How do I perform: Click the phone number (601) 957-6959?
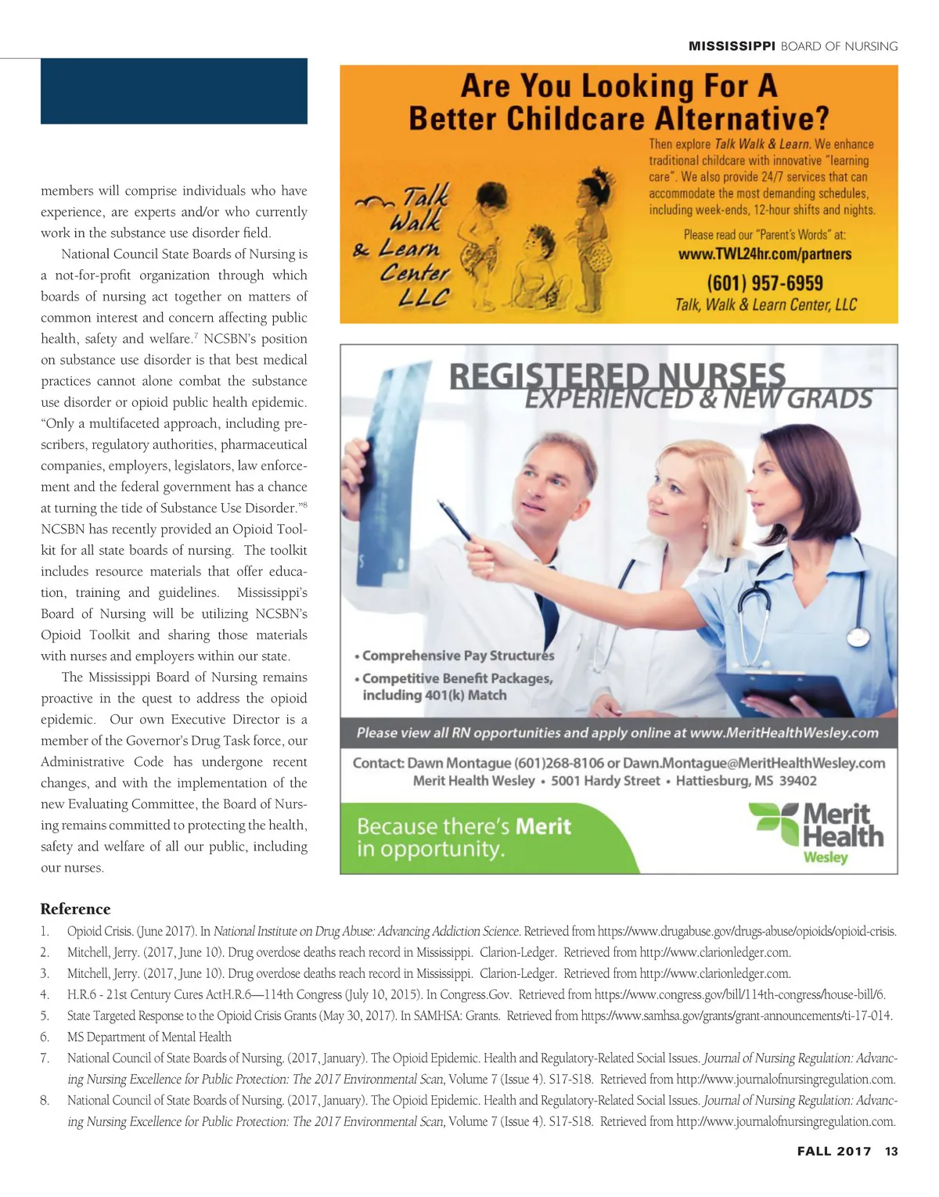[765, 282]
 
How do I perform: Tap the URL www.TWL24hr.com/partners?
[765, 254]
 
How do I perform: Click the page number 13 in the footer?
[891, 1151]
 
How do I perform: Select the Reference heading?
[75, 909]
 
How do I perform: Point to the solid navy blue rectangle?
[174, 91]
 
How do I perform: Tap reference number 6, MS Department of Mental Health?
[149, 1037]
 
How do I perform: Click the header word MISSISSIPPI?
[732, 46]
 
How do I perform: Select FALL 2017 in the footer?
[833, 1151]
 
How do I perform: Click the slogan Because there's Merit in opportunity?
[464, 837]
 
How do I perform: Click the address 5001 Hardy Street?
[605, 781]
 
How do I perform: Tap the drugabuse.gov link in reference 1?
[747, 931]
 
